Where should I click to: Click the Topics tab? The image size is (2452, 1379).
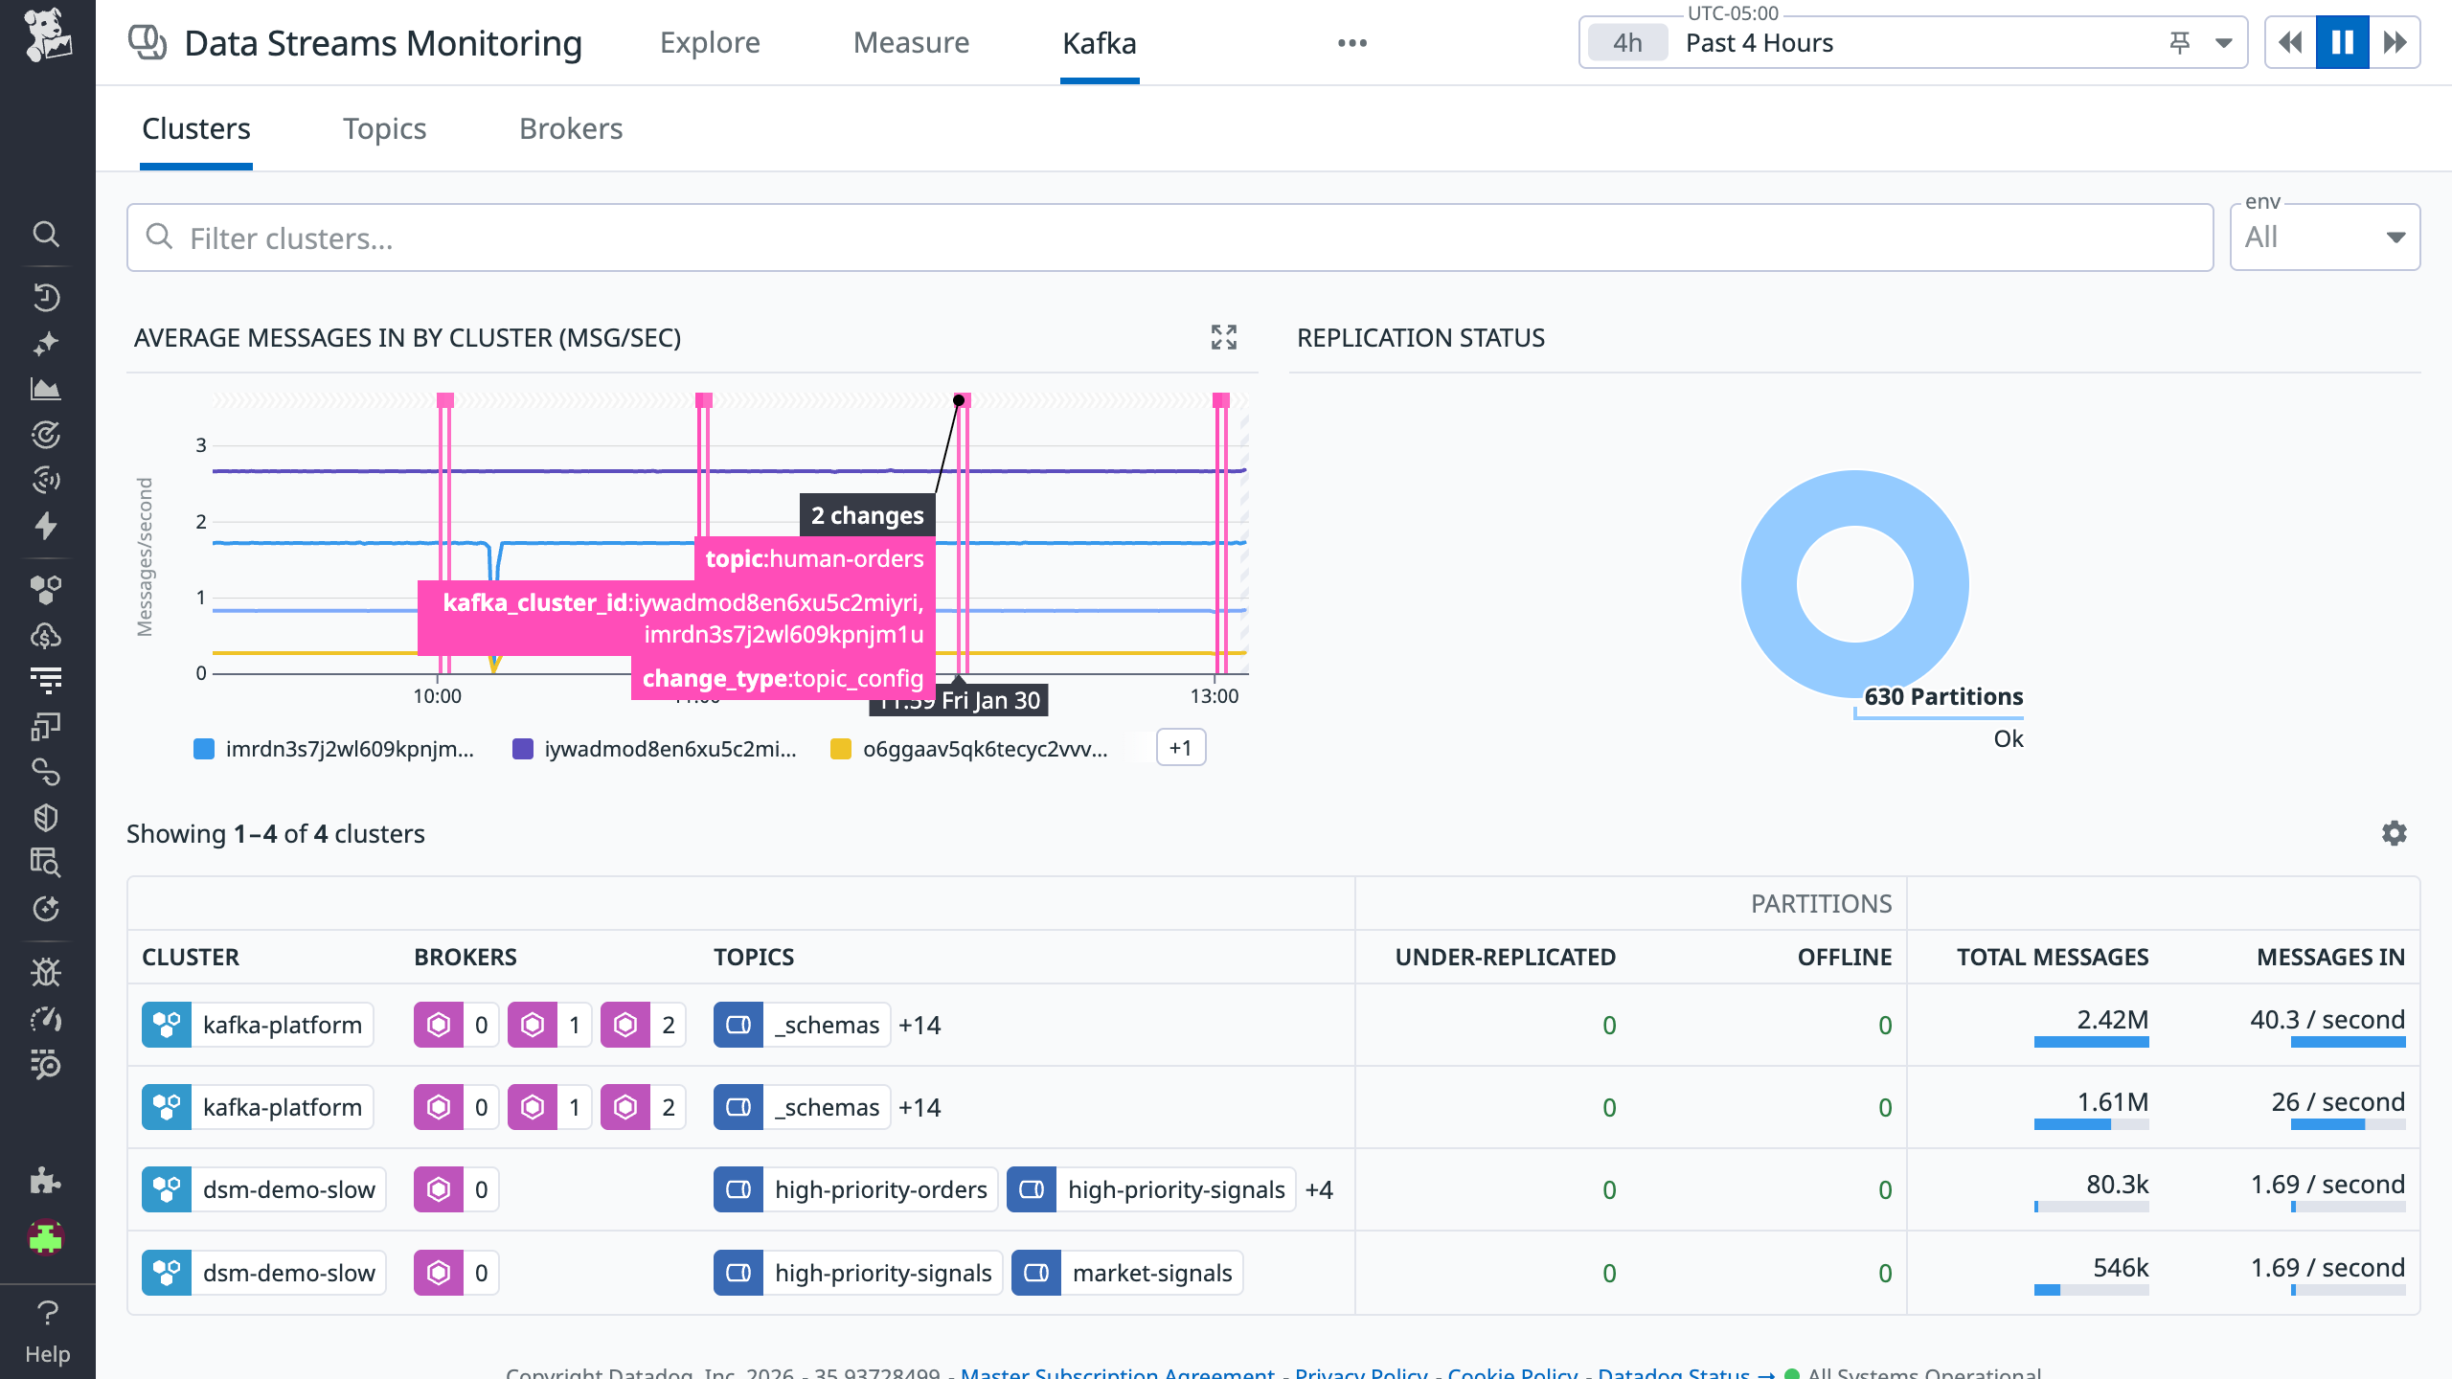[x=384, y=129]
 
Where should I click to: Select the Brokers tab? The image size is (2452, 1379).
[x=571, y=129]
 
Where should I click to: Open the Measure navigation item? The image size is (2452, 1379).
[x=911, y=43]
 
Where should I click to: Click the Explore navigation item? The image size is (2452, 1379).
[x=710, y=43]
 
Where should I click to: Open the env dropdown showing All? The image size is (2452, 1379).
[x=2325, y=237]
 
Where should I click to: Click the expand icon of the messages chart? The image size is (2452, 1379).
[x=1223, y=337]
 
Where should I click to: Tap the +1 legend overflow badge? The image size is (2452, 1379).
[x=1180, y=748]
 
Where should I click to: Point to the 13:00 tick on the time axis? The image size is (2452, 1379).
[x=1214, y=696]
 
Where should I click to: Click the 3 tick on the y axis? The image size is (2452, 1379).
[x=201, y=445]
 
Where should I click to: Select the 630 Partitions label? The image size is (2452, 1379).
[x=1943, y=696]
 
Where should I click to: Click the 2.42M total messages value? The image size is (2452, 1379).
[x=2112, y=1020]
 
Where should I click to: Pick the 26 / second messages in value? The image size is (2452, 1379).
[x=2337, y=1102]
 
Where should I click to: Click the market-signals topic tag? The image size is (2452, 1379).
[x=1151, y=1273]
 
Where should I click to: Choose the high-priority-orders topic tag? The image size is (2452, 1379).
[x=880, y=1189]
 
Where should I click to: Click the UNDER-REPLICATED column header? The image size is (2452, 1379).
[x=1505, y=957]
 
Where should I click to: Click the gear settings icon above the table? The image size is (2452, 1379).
[x=2394, y=833]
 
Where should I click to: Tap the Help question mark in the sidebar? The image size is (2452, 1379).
[x=47, y=1312]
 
